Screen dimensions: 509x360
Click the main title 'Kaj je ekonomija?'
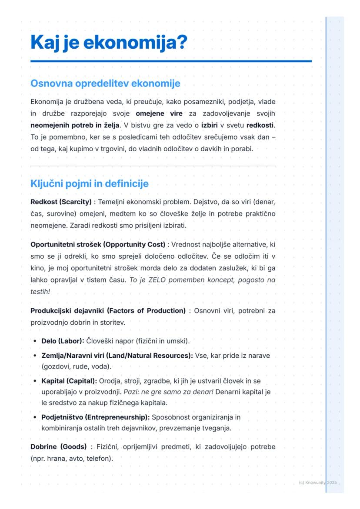tap(109, 43)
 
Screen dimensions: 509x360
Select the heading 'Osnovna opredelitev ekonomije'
tap(105, 83)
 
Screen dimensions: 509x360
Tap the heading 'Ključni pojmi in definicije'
tap(89, 183)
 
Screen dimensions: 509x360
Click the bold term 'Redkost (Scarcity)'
tap(61, 202)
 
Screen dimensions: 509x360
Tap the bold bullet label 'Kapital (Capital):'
tap(69, 381)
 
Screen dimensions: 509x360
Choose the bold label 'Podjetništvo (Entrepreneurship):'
tap(95, 417)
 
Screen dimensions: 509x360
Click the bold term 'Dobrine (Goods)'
tap(59, 447)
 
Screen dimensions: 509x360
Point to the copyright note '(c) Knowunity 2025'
tap(318, 483)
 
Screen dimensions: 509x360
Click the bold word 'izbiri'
tap(210, 126)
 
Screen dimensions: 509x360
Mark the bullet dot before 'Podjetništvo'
tap(34, 417)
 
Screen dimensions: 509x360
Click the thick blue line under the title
tap(171, 61)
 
